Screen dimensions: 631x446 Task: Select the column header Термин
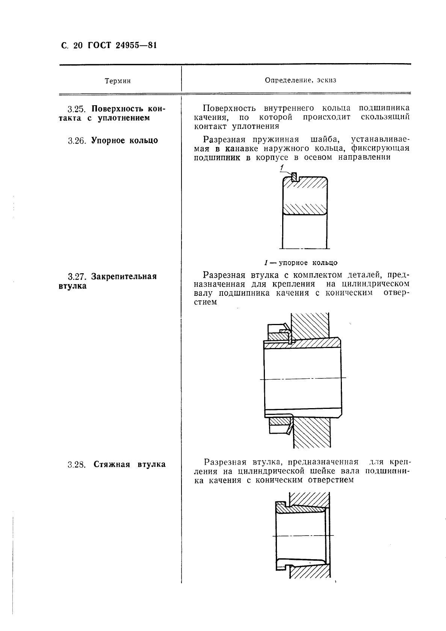[x=118, y=81]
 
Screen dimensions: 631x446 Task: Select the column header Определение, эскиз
[x=300, y=80]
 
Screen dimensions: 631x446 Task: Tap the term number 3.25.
[x=77, y=109]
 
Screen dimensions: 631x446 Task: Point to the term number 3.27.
[x=77, y=277]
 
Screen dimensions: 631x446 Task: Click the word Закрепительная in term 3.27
[x=124, y=277]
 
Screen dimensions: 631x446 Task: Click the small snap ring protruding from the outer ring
[x=295, y=176]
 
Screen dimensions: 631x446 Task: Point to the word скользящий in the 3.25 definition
[x=384, y=117]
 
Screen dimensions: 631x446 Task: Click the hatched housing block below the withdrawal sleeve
[x=310, y=573]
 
